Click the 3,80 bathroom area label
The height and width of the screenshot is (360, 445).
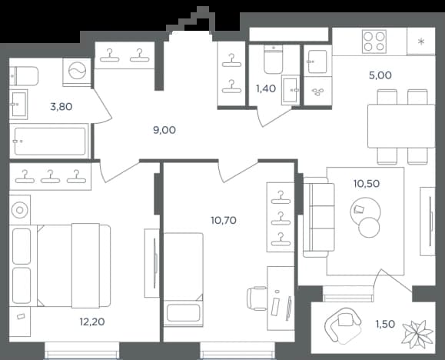coord(61,107)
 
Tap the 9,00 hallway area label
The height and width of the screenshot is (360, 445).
coord(164,130)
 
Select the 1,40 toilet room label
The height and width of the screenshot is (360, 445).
coord(266,89)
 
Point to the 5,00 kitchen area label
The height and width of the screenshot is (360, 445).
coord(380,75)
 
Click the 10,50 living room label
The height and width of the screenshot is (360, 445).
coord(367,184)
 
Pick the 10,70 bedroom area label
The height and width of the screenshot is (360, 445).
coord(224,220)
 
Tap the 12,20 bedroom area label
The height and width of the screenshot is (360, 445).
coord(92,322)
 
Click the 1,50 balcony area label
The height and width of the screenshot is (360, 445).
coord(385,324)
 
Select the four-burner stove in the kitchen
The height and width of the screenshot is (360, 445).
coord(374,42)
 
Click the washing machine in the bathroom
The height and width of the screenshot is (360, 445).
coord(77,72)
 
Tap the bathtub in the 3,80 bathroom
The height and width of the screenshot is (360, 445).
coord(50,142)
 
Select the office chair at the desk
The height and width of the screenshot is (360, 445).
coord(257,298)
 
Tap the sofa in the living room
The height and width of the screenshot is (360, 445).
coord(319,218)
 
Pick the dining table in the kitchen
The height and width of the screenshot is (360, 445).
coord(401,126)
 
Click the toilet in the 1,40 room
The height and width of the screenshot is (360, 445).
coord(274,58)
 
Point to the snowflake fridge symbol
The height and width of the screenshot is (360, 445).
coord(421,42)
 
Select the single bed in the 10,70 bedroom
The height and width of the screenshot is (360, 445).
coord(184,280)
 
